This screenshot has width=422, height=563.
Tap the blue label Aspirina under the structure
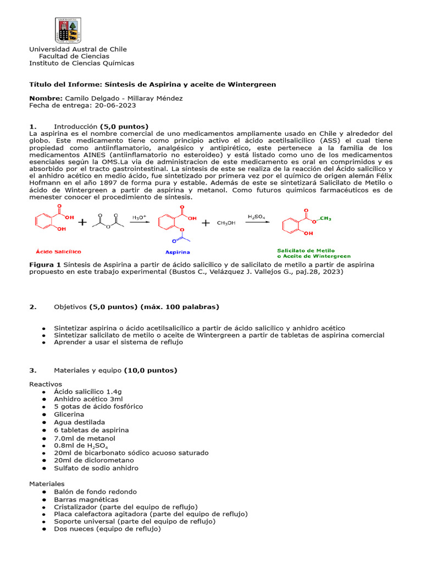[178, 252]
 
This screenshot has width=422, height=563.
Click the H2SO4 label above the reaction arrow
[256, 217]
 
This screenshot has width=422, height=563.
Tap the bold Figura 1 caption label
[45, 264]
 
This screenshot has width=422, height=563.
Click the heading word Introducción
[75, 126]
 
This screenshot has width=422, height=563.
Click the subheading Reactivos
[46, 384]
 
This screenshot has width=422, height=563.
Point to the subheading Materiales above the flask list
[47, 484]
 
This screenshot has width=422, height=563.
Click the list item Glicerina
[69, 414]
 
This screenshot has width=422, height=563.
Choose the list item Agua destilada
[76, 422]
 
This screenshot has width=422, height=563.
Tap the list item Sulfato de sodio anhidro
[96, 468]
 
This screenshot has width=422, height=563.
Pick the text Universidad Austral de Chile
[77, 49]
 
